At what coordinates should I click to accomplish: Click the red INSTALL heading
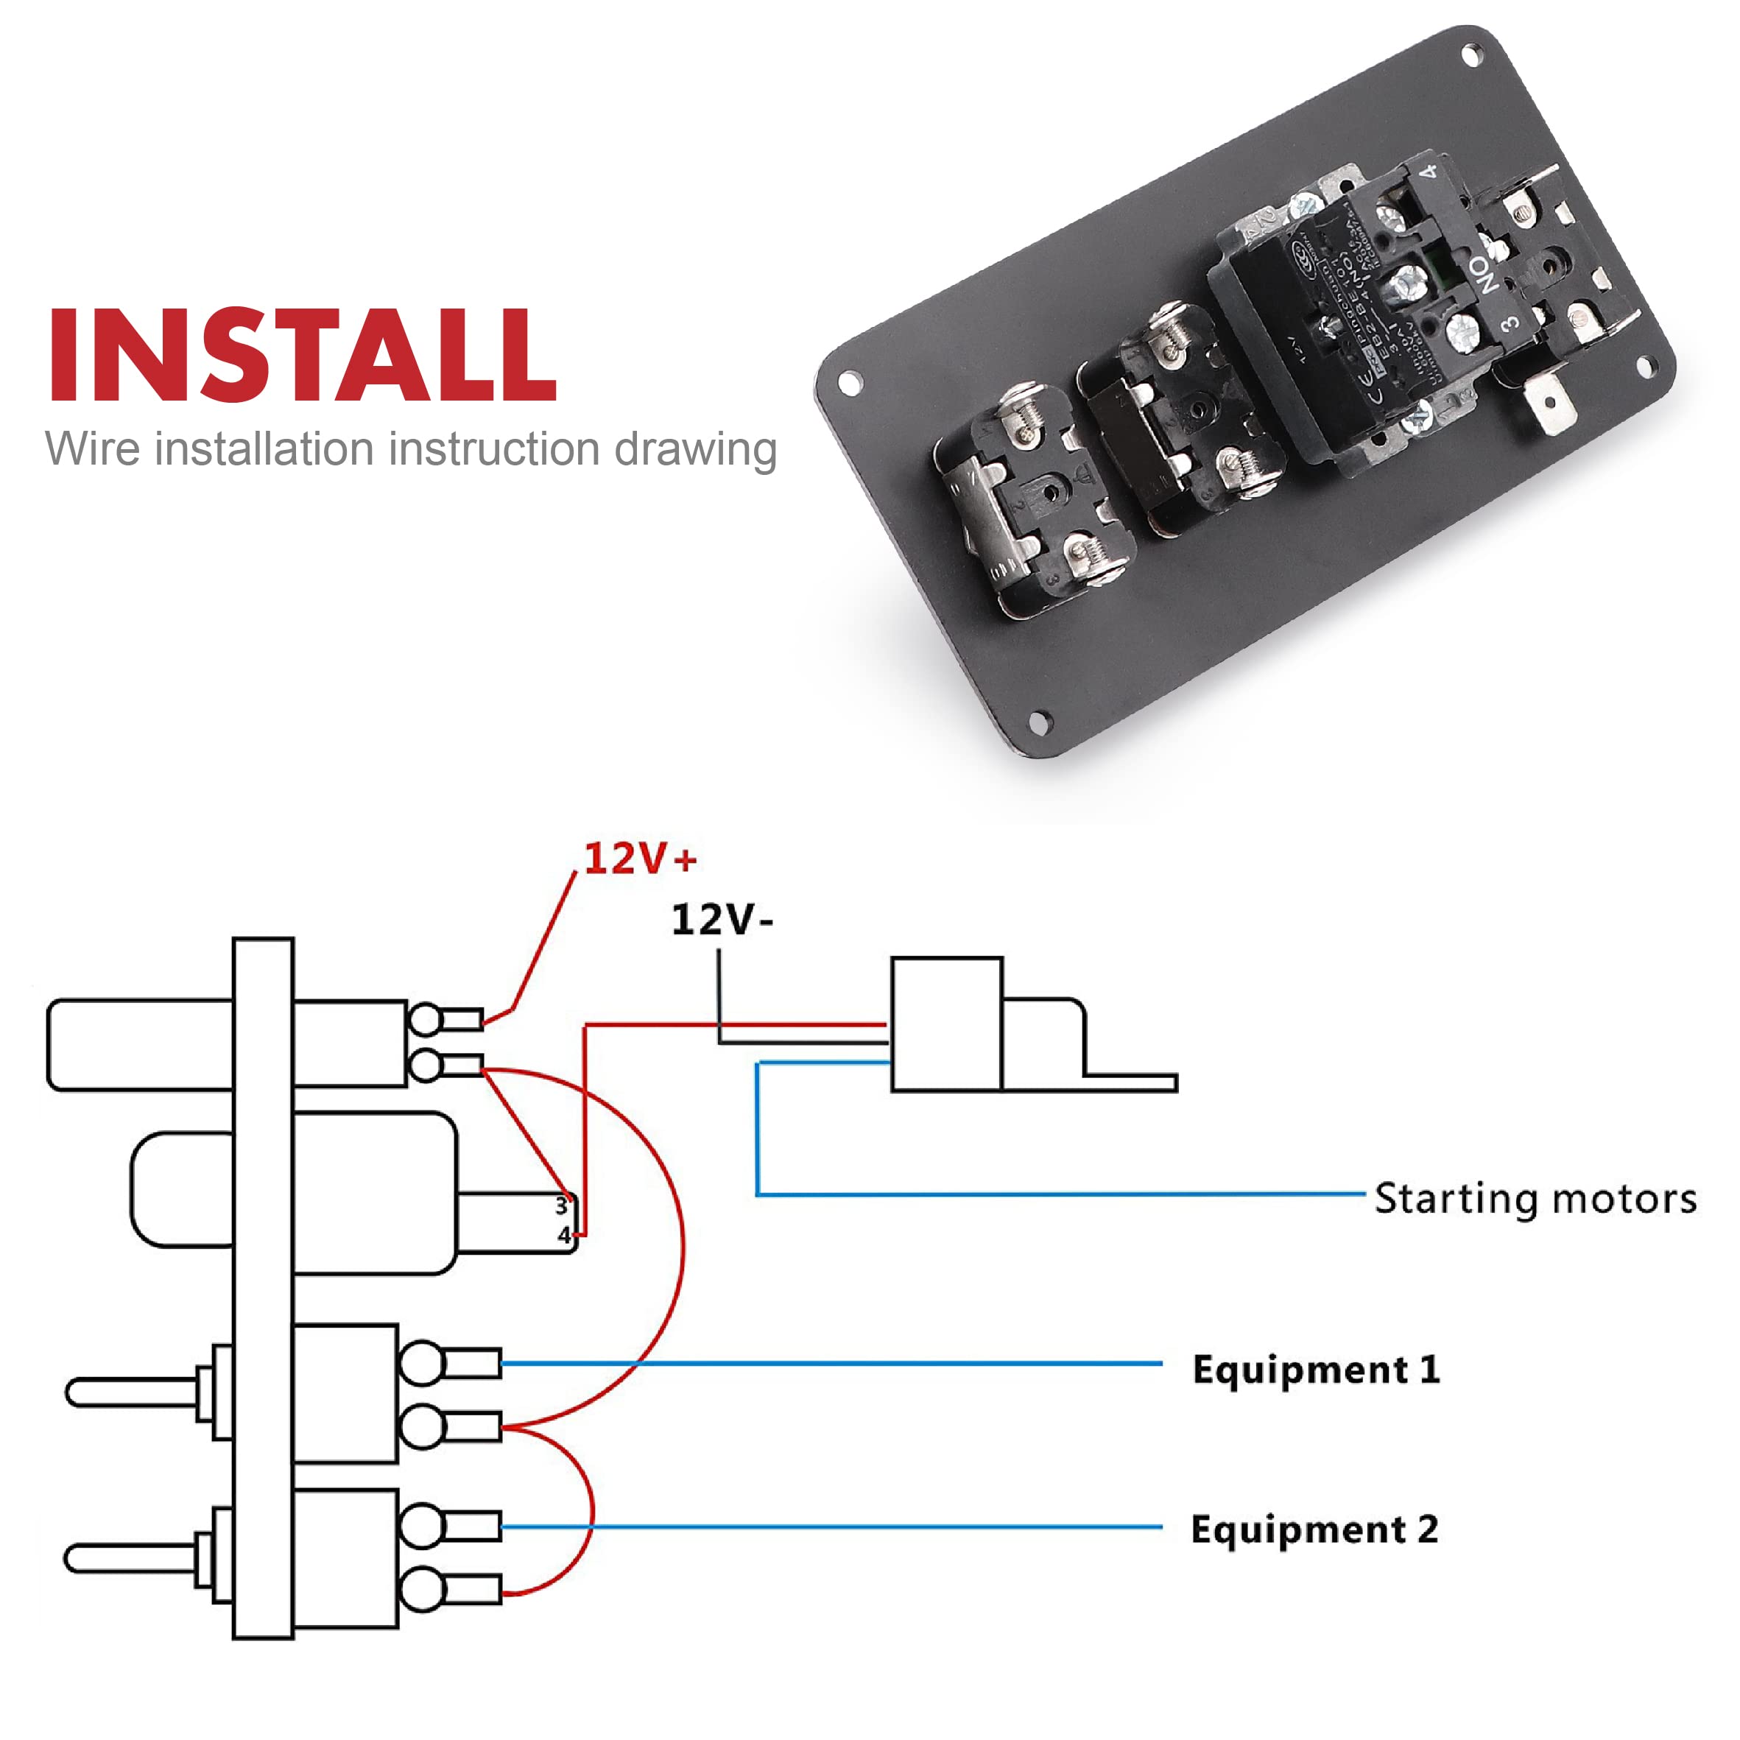pyautogui.click(x=302, y=356)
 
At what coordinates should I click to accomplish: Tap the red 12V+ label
pyautogui.click(x=639, y=859)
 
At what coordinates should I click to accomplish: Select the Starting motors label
pyautogui.click(x=1535, y=1200)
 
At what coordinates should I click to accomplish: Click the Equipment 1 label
pyautogui.click(x=1316, y=1370)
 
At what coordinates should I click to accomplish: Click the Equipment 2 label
pyautogui.click(x=1314, y=1530)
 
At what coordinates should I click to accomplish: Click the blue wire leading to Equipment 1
pyautogui.click(x=828, y=1364)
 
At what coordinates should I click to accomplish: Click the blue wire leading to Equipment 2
pyautogui.click(x=828, y=1527)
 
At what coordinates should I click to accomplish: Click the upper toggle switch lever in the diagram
pyautogui.click(x=130, y=1392)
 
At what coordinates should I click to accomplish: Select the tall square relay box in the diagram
pyautogui.click(x=946, y=1025)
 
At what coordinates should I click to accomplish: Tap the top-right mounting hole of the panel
pyautogui.click(x=1472, y=56)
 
